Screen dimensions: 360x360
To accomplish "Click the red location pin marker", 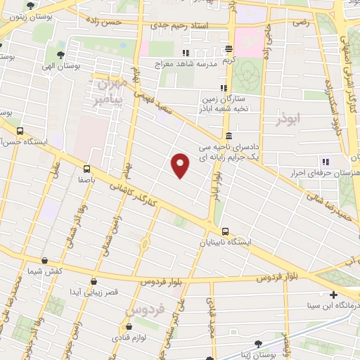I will tap(181, 165).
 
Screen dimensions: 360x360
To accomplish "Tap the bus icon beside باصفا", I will tap(86, 169).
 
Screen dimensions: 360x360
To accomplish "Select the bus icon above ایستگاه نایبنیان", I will tap(225, 231).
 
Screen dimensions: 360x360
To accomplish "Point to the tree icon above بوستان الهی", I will tap(60, 54).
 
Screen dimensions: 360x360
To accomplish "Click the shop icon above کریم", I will tap(229, 49).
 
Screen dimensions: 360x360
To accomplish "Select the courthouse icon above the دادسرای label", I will tap(229, 136).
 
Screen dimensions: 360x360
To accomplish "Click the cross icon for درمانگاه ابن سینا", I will tap(333, 295).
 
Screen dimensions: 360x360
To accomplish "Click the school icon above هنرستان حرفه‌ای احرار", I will tap(324, 162).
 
